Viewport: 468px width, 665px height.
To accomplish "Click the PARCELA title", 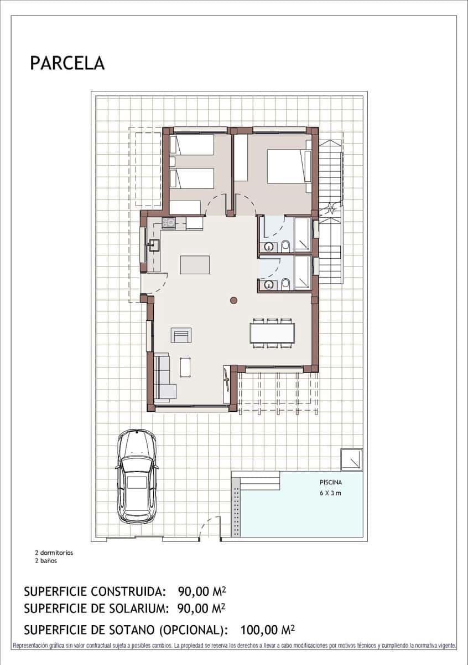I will coord(67,63).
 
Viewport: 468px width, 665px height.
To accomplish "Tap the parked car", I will coord(137,477).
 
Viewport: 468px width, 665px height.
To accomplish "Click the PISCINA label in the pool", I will coord(330,482).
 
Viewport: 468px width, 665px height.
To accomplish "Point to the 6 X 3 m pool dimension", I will coord(330,493).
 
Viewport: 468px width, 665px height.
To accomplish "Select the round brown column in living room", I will coord(233,300).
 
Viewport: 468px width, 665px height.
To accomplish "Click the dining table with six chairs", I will coord(272,333).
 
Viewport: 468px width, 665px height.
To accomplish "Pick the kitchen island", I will coord(195,264).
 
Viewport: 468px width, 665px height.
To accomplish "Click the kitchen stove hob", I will coord(169,223).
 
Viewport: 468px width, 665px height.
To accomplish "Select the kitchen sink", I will coord(153,245).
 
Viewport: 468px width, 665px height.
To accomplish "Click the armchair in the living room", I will coord(181,335).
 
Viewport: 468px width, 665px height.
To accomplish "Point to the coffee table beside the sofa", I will coord(186,366).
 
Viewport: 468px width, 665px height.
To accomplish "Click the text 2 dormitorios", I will coord(54,553).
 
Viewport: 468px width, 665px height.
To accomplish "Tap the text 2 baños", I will coord(45,560).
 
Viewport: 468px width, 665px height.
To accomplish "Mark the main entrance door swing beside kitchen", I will coord(153,284).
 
